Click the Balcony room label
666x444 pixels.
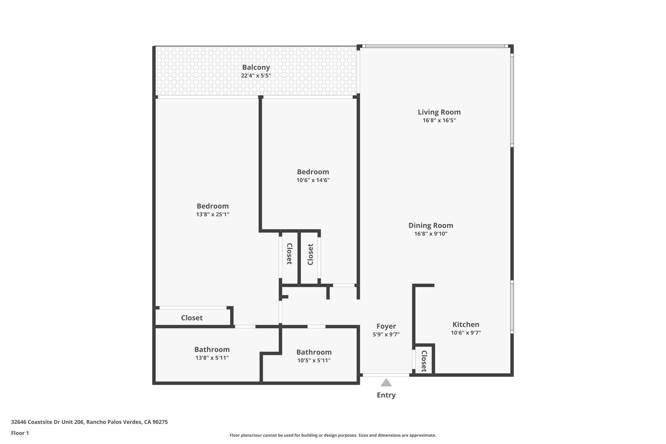click(256, 67)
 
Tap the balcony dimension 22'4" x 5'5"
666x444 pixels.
click(256, 76)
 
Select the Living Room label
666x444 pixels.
click(439, 112)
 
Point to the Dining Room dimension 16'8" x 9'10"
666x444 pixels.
click(431, 234)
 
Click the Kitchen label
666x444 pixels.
click(466, 324)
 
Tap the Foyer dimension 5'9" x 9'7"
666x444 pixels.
click(386, 334)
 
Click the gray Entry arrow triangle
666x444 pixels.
click(386, 383)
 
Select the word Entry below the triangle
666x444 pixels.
click(386, 395)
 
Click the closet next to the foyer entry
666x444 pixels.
click(424, 361)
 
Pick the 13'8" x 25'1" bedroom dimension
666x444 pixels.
click(213, 214)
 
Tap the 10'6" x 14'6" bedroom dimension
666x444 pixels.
click(313, 180)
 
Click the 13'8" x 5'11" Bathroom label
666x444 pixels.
click(212, 350)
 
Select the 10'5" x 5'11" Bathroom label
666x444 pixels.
click(314, 352)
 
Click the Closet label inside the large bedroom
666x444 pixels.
click(192, 318)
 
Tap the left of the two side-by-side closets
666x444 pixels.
click(289, 254)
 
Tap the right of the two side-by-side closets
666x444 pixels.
click(310, 255)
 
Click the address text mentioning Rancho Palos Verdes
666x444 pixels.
click(89, 422)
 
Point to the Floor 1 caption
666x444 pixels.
click(20, 433)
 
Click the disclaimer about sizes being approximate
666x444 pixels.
click(333, 435)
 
